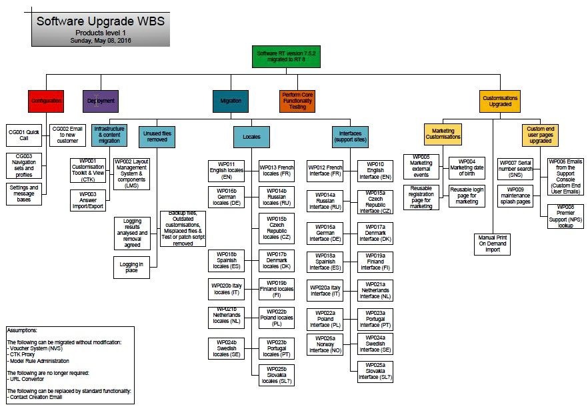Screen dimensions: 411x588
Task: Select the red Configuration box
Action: pos(46,101)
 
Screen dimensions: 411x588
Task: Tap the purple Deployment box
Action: pos(101,101)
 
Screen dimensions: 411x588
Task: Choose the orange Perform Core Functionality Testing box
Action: pos(297,101)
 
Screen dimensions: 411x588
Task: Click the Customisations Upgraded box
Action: pos(500,101)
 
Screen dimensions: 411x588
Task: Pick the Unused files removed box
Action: pos(157,137)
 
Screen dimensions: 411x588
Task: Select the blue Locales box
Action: pos(251,137)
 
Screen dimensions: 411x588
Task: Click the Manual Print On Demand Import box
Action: pos(493,244)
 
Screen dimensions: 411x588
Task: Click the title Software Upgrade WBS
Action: pos(100,21)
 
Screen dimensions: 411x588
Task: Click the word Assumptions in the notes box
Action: pos(23,330)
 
